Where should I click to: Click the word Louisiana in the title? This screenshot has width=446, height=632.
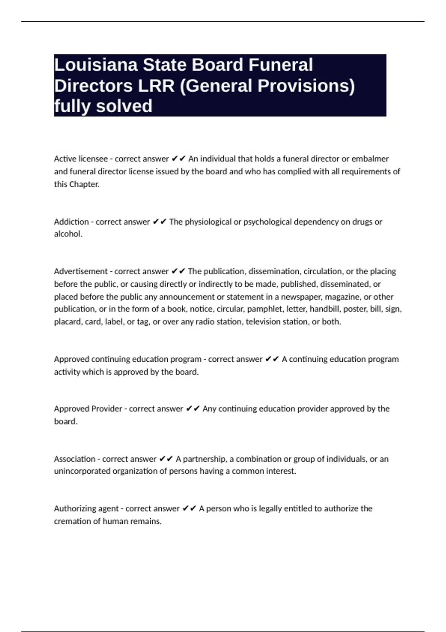click(96, 65)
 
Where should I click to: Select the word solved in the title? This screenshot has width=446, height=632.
click(124, 106)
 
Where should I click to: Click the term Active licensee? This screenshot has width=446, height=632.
click(81, 159)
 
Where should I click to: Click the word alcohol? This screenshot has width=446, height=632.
click(68, 234)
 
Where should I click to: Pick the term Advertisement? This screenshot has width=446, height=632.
click(81, 271)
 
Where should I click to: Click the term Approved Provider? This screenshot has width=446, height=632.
click(88, 409)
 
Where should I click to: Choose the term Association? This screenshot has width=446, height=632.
click(74, 459)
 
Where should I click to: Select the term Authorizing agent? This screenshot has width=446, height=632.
click(86, 509)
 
